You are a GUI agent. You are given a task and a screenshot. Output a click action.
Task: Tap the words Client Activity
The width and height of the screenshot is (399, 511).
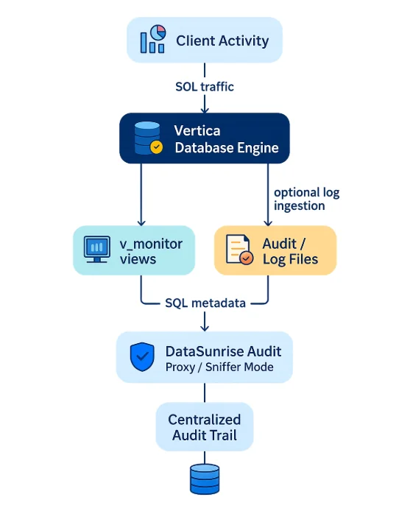click(x=222, y=40)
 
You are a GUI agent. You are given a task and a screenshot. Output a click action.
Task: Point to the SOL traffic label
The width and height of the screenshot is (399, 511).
click(x=205, y=86)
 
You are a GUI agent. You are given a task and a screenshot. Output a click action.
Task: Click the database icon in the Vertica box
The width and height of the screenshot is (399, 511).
click(x=145, y=138)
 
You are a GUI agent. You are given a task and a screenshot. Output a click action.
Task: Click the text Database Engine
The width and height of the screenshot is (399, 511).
click(x=226, y=147)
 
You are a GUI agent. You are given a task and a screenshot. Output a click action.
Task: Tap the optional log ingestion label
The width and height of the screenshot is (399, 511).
click(x=306, y=199)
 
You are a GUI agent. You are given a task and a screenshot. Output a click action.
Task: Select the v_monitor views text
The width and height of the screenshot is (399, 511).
click(x=151, y=250)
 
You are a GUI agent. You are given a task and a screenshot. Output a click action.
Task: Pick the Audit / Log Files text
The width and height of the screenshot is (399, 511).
click(x=290, y=250)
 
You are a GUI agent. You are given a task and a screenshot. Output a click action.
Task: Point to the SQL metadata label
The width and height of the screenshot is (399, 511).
click(x=205, y=304)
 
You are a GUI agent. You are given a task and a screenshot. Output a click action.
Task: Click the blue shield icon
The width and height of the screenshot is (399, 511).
click(x=142, y=357)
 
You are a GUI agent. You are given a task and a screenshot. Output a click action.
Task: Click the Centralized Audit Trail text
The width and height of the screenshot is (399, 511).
click(x=205, y=427)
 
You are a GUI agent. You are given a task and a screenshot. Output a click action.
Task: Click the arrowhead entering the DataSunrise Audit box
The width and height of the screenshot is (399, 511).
click(x=205, y=327)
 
